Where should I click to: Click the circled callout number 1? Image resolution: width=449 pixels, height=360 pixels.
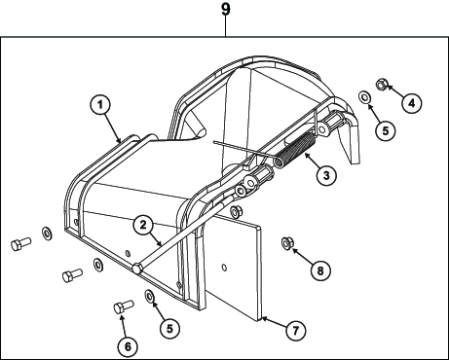[x=100, y=104]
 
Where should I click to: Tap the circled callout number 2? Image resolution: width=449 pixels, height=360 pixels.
[x=143, y=225]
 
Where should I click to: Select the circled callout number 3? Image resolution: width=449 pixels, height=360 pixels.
[x=326, y=175]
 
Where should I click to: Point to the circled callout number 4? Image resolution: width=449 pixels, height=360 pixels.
[x=411, y=103]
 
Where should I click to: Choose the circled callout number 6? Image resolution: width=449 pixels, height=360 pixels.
[x=128, y=346]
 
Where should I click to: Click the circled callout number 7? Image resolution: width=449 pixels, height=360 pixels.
[x=295, y=331]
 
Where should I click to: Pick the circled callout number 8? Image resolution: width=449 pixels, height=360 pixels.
[x=320, y=270]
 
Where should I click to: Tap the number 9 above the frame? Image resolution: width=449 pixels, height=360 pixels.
[x=226, y=9]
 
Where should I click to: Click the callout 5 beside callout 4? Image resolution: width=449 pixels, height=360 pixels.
[x=386, y=130]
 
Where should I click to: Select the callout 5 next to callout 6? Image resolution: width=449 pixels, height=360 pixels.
[x=169, y=328]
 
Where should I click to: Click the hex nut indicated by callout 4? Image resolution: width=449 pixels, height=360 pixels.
[x=382, y=85]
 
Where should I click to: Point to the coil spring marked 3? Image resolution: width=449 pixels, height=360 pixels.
[x=294, y=151]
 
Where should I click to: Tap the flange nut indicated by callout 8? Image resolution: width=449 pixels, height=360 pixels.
[x=286, y=242]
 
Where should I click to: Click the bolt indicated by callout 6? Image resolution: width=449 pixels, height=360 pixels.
[x=124, y=306]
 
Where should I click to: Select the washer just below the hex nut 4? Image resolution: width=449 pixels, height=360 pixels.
[x=364, y=97]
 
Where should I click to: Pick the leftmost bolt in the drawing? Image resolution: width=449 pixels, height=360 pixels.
[x=21, y=243]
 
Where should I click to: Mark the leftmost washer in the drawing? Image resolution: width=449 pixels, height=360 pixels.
[x=47, y=234]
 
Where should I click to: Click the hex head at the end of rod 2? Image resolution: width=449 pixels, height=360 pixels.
[x=137, y=269]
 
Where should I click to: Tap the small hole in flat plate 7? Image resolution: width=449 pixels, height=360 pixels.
[x=224, y=268]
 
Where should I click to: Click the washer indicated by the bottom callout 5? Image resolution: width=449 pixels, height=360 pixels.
[x=149, y=296]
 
